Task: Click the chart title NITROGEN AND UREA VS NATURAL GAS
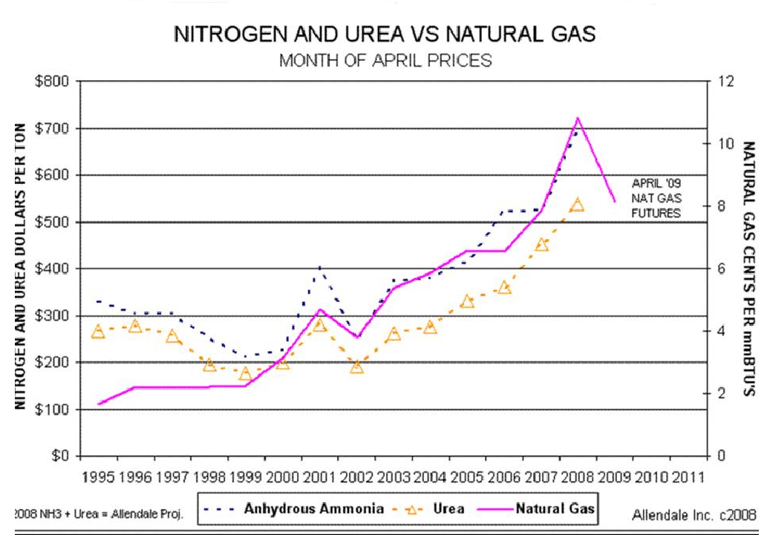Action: (x=384, y=35)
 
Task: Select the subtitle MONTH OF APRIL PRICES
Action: (x=385, y=60)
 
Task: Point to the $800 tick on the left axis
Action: (x=54, y=82)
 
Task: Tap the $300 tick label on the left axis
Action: (x=54, y=315)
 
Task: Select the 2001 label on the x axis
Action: (x=319, y=476)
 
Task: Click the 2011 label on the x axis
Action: (x=687, y=476)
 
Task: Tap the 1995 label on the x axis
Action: (x=99, y=476)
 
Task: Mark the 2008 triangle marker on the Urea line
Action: (x=578, y=206)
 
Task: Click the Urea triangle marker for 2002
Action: (x=356, y=367)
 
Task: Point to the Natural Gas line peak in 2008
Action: (x=577, y=118)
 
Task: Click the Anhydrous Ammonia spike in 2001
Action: (x=319, y=266)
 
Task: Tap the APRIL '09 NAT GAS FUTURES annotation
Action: (x=656, y=197)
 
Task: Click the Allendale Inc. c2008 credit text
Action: (x=694, y=513)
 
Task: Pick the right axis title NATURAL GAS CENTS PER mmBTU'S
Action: (x=748, y=268)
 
